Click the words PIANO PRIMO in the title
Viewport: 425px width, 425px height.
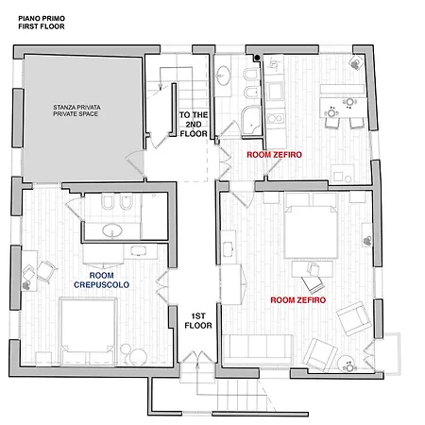[42, 19]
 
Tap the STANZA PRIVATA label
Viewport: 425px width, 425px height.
[76, 108]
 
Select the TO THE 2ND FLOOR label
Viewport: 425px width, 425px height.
[194, 125]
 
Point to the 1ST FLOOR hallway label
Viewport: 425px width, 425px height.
[198, 321]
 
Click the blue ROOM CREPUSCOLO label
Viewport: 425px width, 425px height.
[101, 280]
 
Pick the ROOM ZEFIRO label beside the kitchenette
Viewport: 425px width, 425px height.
[274, 155]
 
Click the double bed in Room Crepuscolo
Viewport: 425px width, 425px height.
[88, 331]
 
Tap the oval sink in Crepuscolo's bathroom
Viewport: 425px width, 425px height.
[112, 230]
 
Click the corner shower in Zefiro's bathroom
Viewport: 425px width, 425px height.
[251, 122]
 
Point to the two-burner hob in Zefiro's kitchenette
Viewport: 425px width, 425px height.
[276, 118]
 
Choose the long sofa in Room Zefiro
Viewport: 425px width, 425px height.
[258, 348]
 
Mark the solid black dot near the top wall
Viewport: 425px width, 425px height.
[258, 58]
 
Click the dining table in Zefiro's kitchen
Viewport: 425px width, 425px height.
[344, 108]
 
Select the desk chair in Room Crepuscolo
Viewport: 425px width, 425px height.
[46, 272]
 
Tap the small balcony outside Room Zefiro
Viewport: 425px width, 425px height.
[387, 353]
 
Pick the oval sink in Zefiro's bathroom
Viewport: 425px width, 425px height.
[224, 76]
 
